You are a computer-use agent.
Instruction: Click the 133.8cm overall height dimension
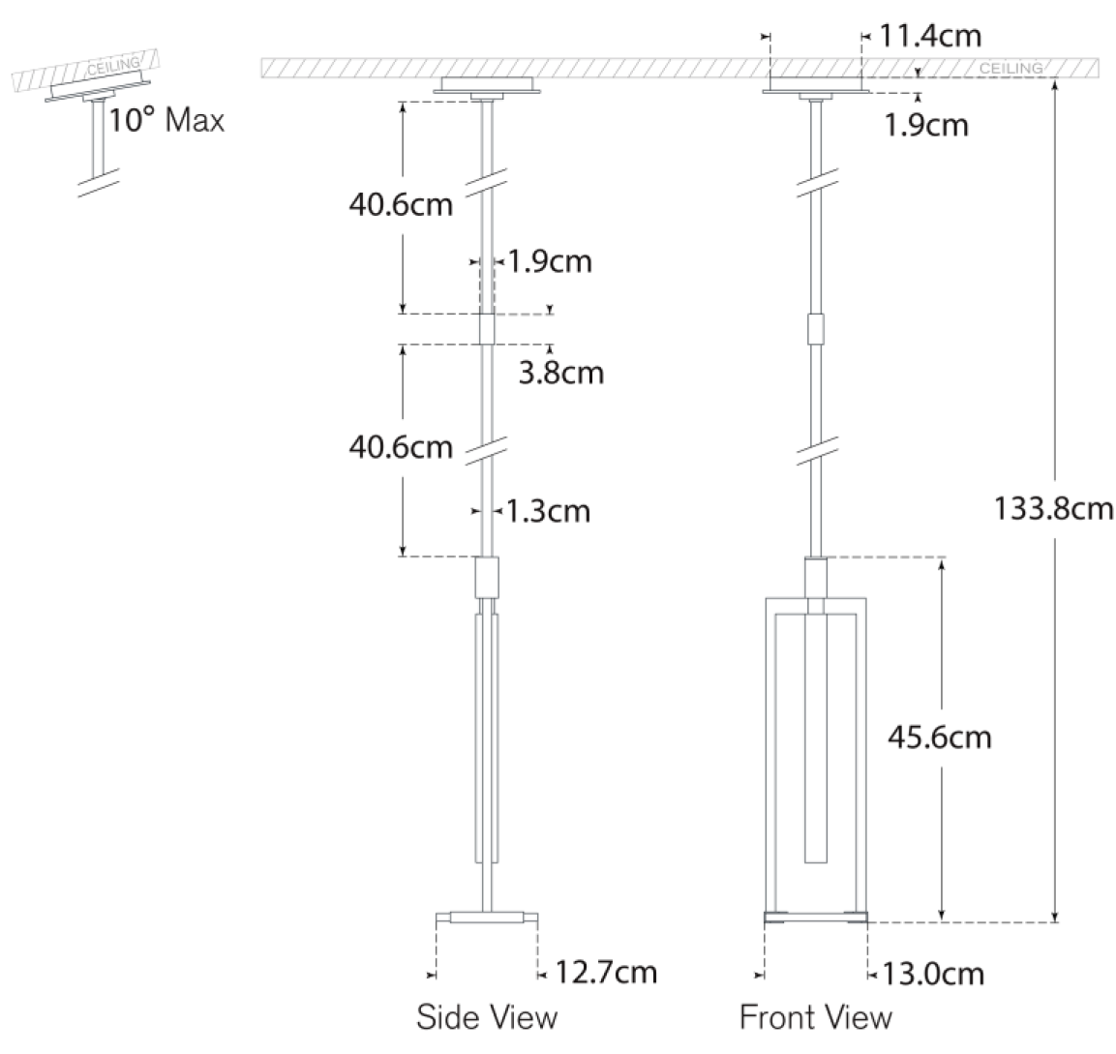coord(1053,509)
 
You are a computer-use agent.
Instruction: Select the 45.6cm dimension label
coord(940,737)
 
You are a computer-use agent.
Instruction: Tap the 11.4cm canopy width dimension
coord(930,36)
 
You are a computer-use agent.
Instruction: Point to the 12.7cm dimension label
coord(606,972)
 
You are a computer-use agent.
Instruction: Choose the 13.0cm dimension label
coord(933,974)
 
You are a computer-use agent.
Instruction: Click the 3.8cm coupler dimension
coord(561,373)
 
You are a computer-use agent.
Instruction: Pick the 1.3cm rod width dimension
coord(548,511)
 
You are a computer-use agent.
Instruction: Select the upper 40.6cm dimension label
coord(401,204)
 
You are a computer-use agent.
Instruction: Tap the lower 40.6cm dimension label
coord(401,447)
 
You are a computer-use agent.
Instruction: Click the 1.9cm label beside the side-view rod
coord(550,261)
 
